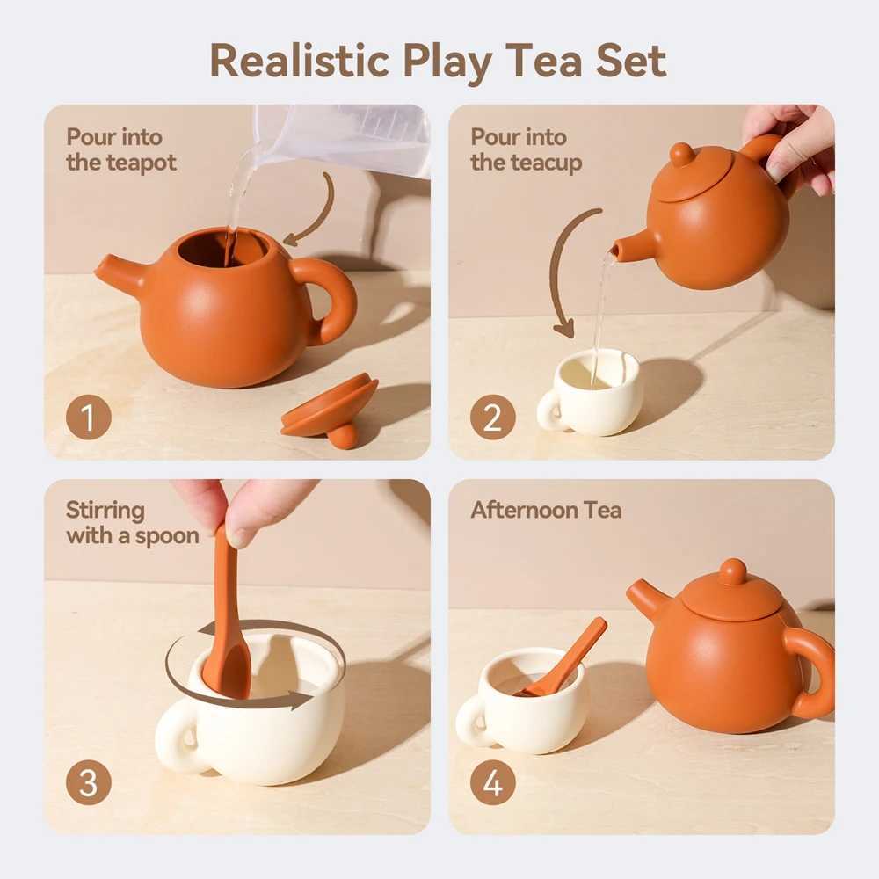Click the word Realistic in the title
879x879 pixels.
pos(299,60)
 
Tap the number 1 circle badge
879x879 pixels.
pos(89,418)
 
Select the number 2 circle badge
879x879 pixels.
pos(492,418)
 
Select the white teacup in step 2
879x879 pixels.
pos(592,396)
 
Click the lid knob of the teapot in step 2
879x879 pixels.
pos(681,155)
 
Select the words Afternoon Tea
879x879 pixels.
pos(546,511)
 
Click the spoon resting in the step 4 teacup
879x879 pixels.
pos(571,655)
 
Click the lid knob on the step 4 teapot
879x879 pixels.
pos(731,571)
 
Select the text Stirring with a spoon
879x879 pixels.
pos(132,523)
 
